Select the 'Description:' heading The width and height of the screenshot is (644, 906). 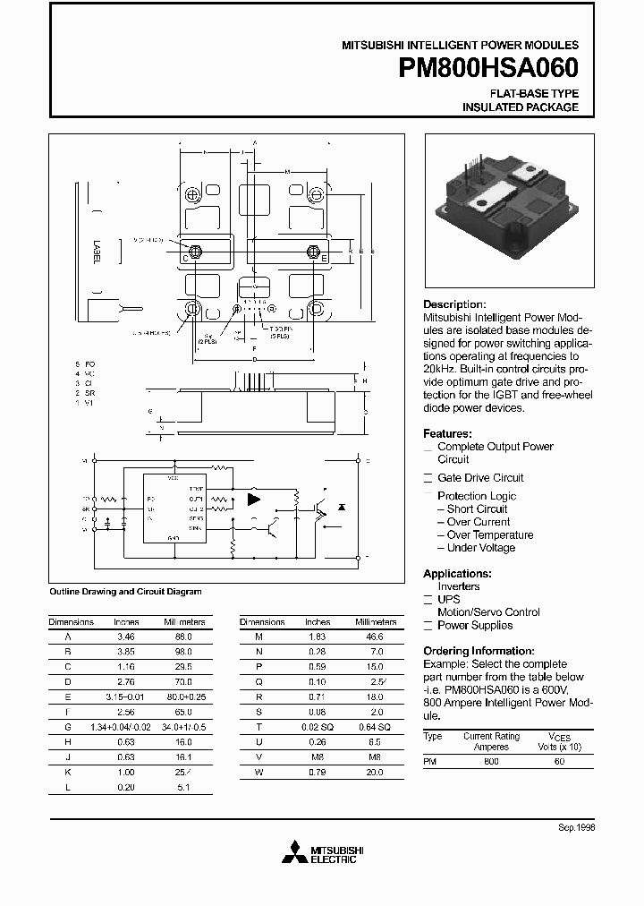click(x=454, y=304)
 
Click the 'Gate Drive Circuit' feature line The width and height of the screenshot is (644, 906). click(x=480, y=478)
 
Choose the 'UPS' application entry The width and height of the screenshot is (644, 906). click(x=449, y=599)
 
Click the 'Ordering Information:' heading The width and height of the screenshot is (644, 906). click(x=479, y=651)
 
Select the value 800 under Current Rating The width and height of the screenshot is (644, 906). click(x=491, y=760)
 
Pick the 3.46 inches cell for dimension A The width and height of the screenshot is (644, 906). click(x=126, y=636)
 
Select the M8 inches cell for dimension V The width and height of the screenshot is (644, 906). click(x=318, y=756)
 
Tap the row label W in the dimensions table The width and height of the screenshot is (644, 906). click(x=259, y=772)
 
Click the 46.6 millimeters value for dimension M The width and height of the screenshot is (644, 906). click(x=376, y=636)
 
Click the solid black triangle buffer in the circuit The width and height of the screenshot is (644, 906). click(x=254, y=499)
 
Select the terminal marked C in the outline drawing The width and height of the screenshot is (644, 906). click(x=186, y=259)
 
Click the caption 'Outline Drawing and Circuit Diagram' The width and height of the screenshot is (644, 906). click(x=124, y=592)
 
